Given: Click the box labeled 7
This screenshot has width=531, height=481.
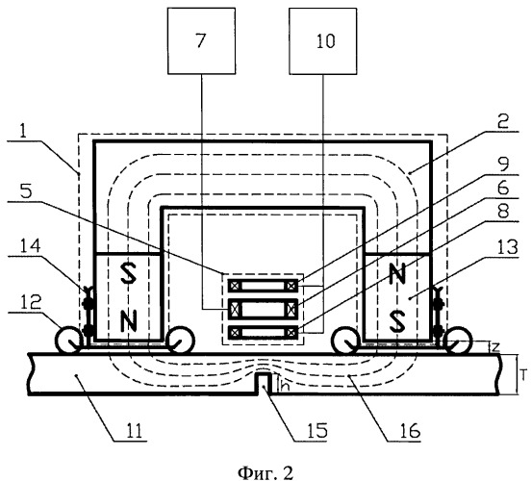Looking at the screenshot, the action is [x=201, y=41].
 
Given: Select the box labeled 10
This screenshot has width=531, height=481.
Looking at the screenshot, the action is [x=322, y=41].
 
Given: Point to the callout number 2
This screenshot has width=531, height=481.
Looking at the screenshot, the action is [x=503, y=122].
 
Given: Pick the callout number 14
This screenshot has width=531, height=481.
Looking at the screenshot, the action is [x=31, y=246].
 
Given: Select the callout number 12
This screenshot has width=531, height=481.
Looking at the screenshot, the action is [x=31, y=302].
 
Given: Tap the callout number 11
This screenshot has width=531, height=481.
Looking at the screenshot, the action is [x=134, y=431].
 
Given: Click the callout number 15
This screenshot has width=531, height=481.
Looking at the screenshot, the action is [x=317, y=431].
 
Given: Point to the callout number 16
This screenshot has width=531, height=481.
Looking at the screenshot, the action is [x=410, y=431].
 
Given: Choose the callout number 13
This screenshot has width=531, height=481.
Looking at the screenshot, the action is [x=508, y=247].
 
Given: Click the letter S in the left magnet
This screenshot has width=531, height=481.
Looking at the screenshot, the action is [x=129, y=274].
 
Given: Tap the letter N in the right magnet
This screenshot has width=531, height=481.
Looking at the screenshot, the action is [x=397, y=274].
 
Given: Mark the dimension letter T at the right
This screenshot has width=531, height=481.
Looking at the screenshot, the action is [x=524, y=375].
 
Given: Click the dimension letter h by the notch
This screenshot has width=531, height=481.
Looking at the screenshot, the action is [x=285, y=387].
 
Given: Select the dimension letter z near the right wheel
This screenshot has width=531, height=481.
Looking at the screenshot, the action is [x=495, y=347].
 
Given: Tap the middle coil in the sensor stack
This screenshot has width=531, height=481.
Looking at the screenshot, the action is [x=264, y=309].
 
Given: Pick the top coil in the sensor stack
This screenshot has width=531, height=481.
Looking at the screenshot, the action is [x=264, y=287].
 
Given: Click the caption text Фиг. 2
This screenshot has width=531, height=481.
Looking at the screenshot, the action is [x=265, y=472].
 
